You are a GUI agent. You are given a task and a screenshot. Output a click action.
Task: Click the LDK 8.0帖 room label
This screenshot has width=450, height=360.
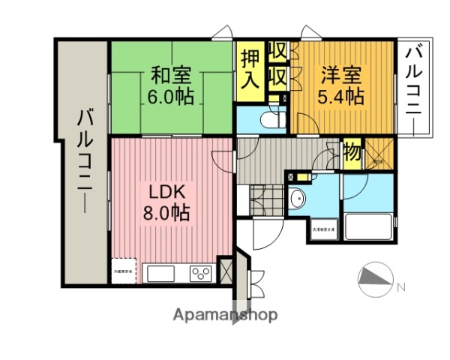coord(166,201)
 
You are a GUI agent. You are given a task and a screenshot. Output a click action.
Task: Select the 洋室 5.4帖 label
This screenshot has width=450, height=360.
coord(343,85)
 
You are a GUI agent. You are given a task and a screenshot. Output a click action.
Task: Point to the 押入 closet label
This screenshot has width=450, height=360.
coord(250,68)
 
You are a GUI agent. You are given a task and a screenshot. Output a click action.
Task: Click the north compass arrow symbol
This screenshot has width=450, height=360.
coord(374,280)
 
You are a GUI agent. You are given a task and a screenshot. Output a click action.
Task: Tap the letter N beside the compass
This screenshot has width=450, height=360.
coord(401,286)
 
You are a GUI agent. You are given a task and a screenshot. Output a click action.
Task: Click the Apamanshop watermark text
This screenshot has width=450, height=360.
coord(225,314)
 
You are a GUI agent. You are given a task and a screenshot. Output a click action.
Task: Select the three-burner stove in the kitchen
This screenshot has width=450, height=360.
coord(200,273)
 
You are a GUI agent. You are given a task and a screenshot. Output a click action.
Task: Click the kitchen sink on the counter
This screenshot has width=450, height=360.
coord(161,273)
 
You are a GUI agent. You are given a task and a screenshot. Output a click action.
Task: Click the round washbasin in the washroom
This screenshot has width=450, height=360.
coord(297,199)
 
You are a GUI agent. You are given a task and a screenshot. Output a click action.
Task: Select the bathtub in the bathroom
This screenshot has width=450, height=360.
coord(367,225)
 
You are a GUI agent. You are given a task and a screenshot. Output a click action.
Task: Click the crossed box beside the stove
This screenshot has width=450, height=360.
coord(224,270)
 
